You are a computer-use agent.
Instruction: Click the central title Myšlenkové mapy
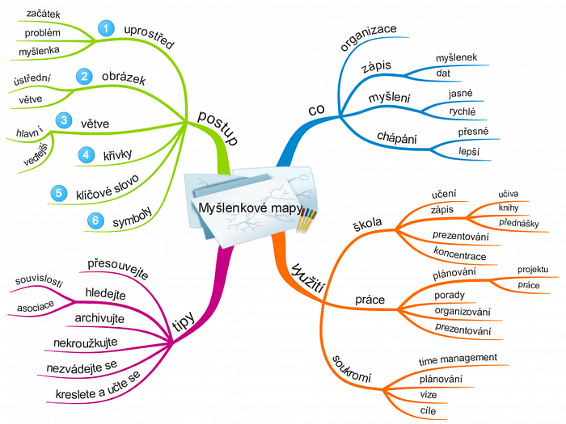[x=247, y=208]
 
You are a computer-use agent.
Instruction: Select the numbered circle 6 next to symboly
[x=95, y=220]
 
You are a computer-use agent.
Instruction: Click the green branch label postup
[x=218, y=128]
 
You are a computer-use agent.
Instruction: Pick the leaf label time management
[x=458, y=358]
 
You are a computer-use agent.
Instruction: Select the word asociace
[x=35, y=307]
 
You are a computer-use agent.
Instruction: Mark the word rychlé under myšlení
[x=462, y=112]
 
